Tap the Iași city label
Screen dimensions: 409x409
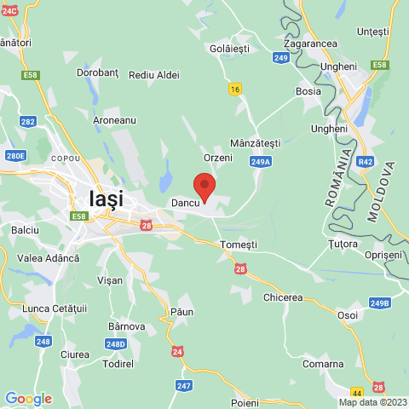pos(106,199)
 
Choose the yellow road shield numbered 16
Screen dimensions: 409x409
pos(235,89)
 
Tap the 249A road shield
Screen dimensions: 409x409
pos(261,161)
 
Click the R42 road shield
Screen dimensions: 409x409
pos(366,160)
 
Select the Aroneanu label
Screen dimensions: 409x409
pos(114,120)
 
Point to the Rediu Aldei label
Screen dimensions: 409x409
pos(154,75)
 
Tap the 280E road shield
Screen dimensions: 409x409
pos(15,155)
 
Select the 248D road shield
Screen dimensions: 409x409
pos(117,344)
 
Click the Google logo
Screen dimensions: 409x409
pos(28,399)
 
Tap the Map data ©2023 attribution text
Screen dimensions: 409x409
pos(372,402)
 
